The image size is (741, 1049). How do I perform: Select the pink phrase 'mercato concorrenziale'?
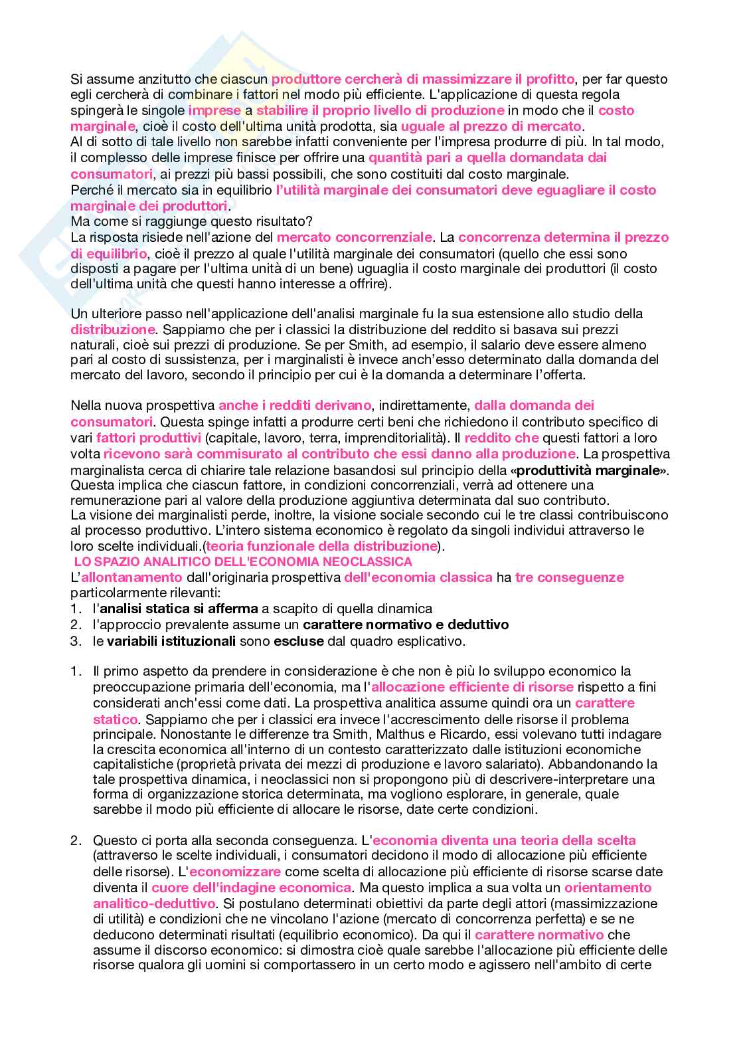[354, 237]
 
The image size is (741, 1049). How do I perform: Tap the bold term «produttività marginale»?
[592, 470]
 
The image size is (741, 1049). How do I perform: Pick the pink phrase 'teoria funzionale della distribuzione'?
[321, 546]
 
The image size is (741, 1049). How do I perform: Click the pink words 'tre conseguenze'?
[569, 577]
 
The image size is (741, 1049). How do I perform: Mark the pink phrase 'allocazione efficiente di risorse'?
[472, 687]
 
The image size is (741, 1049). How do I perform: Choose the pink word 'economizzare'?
[235, 872]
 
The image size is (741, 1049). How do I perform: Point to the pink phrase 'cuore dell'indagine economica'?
[251, 888]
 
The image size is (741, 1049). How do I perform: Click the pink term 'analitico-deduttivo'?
[154, 904]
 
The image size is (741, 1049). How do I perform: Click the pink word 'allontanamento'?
[131, 577]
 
